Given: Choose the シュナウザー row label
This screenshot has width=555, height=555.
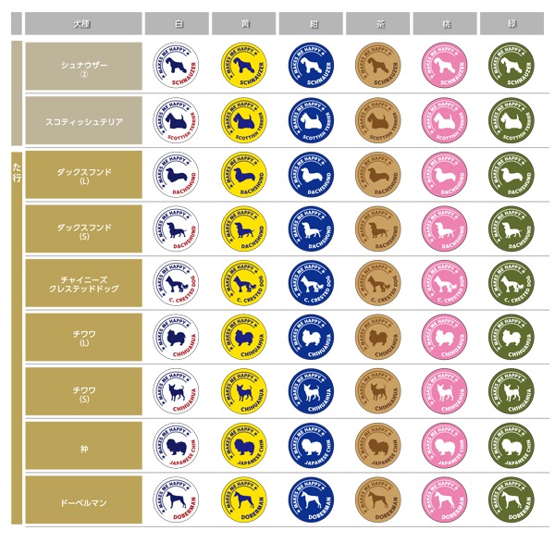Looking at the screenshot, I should tap(83, 66).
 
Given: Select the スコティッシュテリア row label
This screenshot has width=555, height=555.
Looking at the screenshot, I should tap(83, 120).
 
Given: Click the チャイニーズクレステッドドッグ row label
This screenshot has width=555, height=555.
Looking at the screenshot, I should tap(83, 285).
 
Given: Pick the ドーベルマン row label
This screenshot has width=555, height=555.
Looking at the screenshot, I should tap(83, 502).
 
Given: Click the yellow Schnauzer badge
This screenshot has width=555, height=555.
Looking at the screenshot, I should tap(243, 66).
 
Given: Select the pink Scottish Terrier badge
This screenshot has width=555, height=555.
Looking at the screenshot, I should tap(445, 120).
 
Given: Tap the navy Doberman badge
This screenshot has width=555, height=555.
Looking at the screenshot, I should tap(311, 502).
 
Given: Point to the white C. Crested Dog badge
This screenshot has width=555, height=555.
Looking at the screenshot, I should tap(177, 285).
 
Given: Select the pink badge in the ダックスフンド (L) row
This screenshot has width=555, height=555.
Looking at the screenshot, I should tap(445, 175).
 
